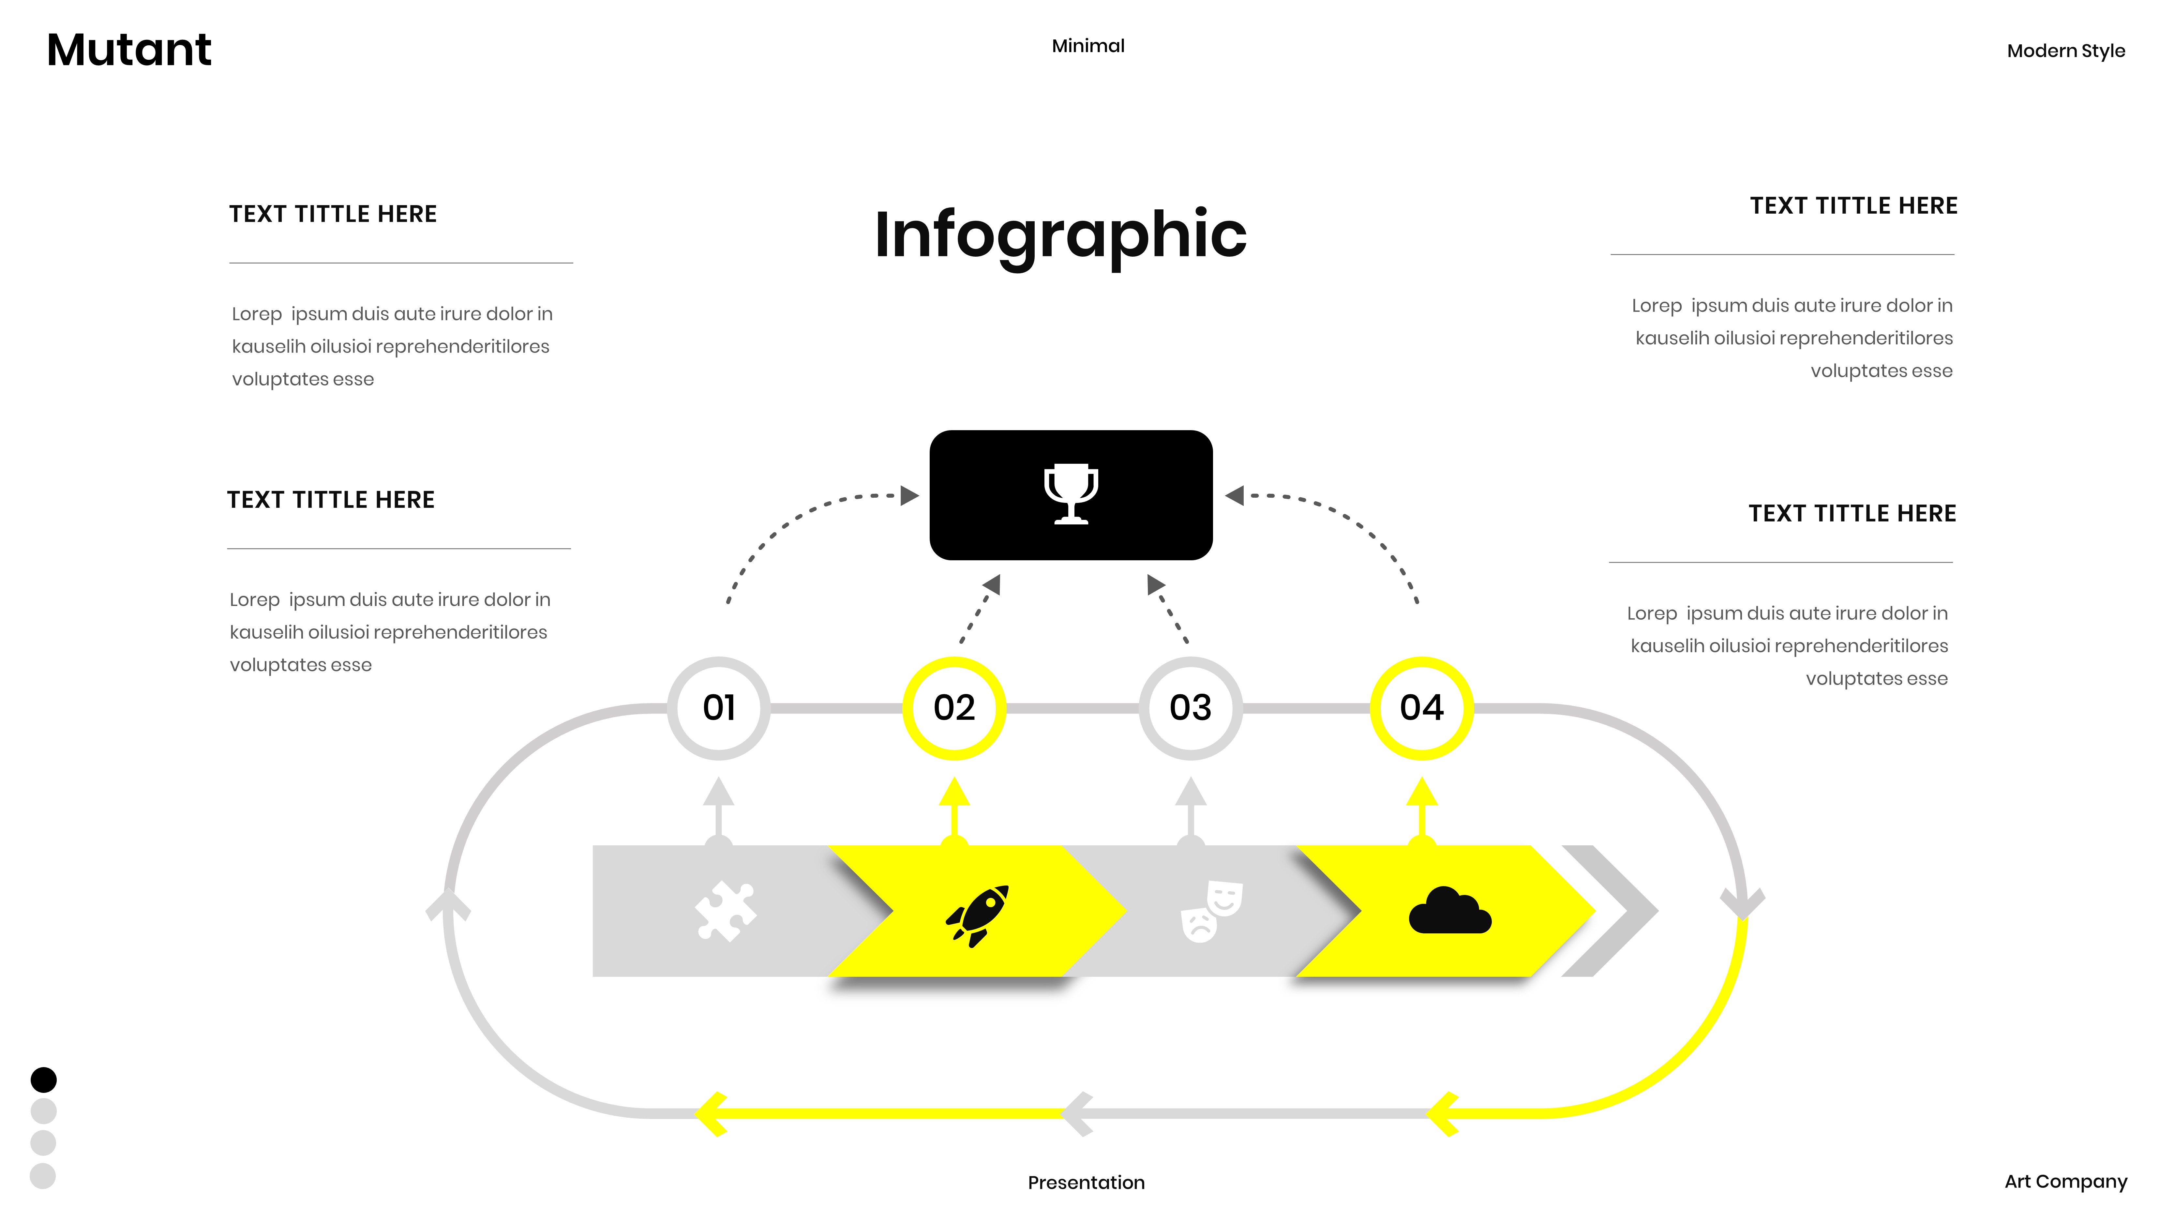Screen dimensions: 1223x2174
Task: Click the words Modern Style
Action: [2065, 51]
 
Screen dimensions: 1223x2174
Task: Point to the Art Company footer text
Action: [2065, 1181]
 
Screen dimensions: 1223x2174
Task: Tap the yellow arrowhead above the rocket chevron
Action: [954, 793]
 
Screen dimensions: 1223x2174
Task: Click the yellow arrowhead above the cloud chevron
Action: [1421, 793]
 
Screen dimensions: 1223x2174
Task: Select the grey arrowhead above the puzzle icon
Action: [718, 793]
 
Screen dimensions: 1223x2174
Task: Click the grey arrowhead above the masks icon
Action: [1190, 793]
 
